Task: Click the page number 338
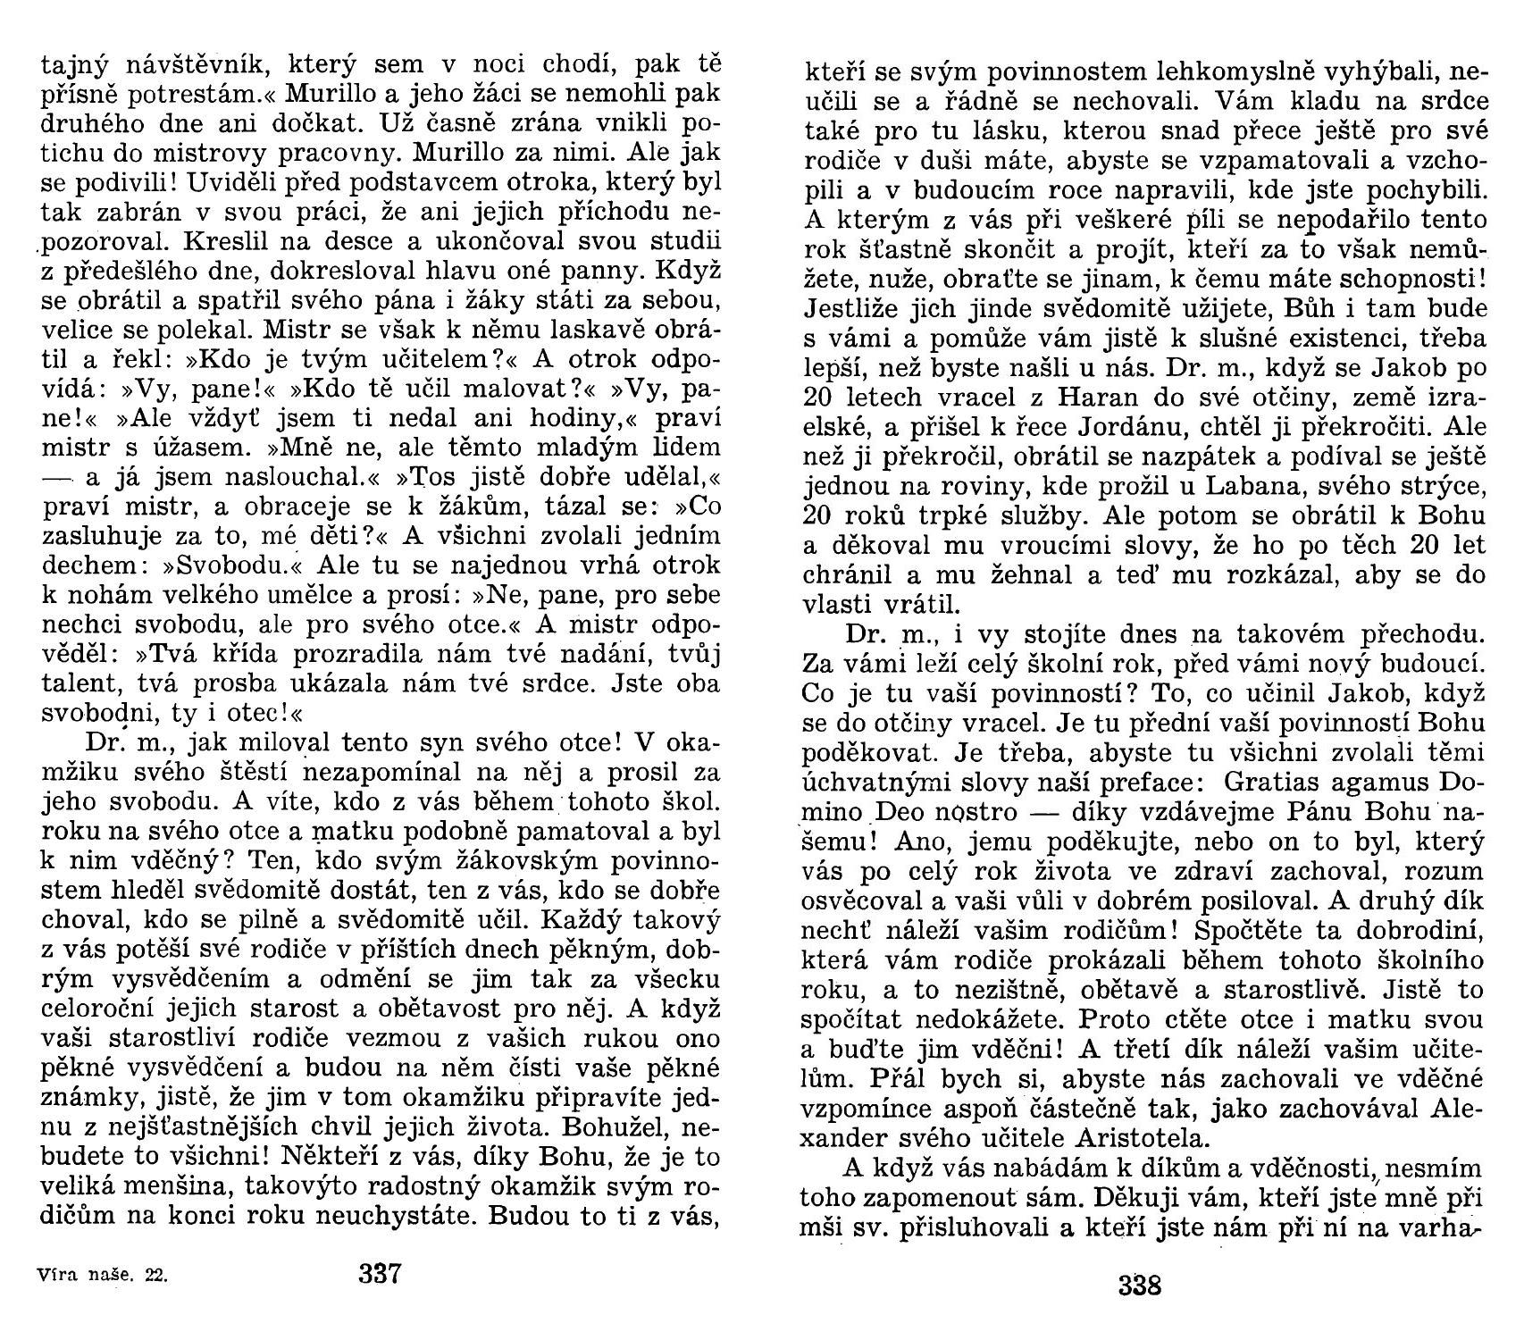pyautogui.click(x=1139, y=1286)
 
